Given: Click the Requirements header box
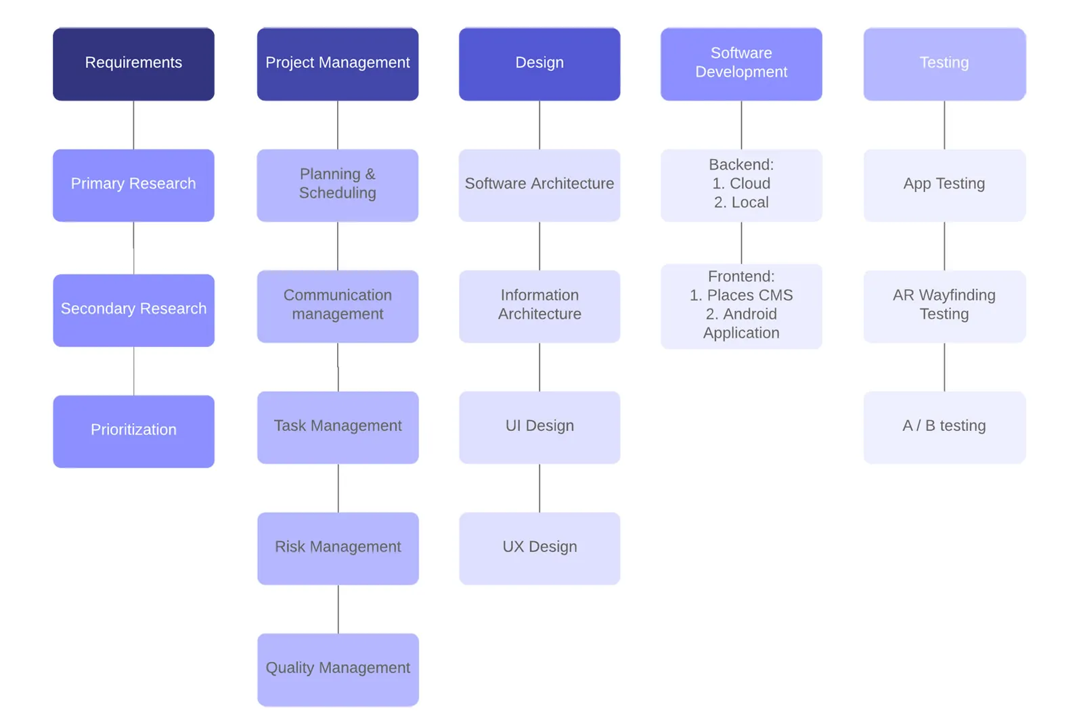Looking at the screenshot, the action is tap(133, 64).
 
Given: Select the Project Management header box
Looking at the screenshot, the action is tap(338, 64).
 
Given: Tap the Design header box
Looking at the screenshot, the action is tap(539, 64).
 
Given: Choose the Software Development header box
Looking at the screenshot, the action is tap(741, 64).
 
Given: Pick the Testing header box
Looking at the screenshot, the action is tap(944, 64).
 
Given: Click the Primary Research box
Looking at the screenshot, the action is tap(133, 185).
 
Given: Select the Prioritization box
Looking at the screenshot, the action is tap(133, 431).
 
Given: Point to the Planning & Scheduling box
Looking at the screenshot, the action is tap(338, 185).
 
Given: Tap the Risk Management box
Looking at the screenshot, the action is tap(338, 548).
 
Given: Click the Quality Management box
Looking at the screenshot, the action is tap(338, 670).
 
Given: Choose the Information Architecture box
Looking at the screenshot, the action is tap(539, 306).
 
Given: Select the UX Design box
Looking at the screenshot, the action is tap(539, 548).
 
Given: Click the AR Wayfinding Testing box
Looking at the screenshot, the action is tap(944, 306).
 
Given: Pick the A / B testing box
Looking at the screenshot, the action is tap(944, 427).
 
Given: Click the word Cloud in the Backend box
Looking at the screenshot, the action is tap(750, 183).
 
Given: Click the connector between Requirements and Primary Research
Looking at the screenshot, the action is tap(133, 125).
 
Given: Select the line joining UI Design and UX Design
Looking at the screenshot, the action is tap(539, 488).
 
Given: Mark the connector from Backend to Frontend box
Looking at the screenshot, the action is tap(741, 243).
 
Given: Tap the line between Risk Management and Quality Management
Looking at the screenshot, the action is tap(338, 609).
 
